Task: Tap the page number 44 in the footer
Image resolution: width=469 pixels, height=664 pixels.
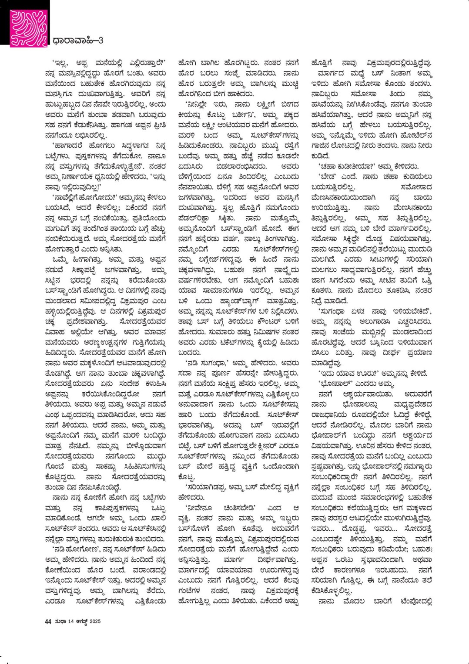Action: click(48, 621)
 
